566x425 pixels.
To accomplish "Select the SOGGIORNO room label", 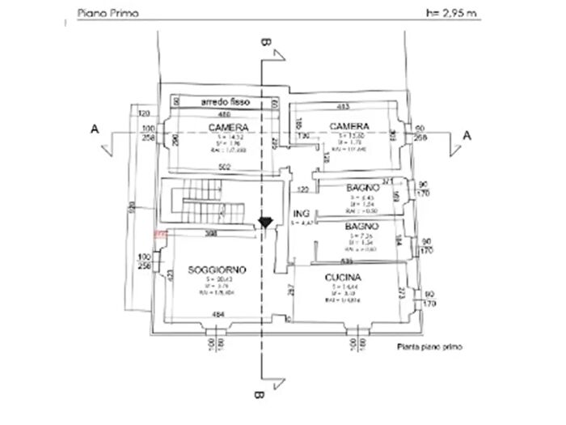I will (x=218, y=269).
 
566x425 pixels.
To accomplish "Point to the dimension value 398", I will (x=211, y=234).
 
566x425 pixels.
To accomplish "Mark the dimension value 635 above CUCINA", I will (x=346, y=262).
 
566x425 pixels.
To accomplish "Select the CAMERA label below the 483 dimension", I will (x=349, y=126).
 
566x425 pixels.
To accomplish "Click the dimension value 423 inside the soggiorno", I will (x=170, y=275).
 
